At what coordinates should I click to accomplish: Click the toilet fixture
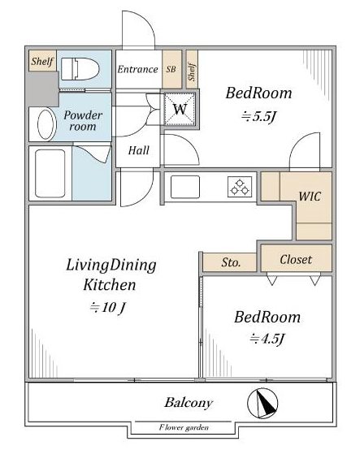[80, 69]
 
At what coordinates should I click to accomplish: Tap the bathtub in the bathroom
[50, 173]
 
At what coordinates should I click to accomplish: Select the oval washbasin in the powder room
[47, 124]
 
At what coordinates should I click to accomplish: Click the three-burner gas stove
[240, 187]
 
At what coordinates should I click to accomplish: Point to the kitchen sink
[185, 187]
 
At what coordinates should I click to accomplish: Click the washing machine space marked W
[180, 109]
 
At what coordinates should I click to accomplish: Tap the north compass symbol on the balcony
[262, 403]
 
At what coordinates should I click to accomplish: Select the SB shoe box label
[171, 69]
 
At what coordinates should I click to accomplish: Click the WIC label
[310, 197]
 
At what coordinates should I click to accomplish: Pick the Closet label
[296, 259]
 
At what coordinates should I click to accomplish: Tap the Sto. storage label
[231, 262]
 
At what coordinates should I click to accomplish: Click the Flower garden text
[184, 427]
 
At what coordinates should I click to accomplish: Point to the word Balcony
[189, 402]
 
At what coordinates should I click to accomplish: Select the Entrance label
[137, 69]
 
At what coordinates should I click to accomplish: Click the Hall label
[139, 150]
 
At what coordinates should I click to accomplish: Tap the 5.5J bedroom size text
[259, 116]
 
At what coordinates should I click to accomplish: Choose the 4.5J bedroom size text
[267, 339]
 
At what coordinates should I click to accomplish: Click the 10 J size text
[107, 307]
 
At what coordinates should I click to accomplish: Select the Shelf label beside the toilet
[42, 61]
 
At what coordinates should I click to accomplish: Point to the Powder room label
[83, 120]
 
